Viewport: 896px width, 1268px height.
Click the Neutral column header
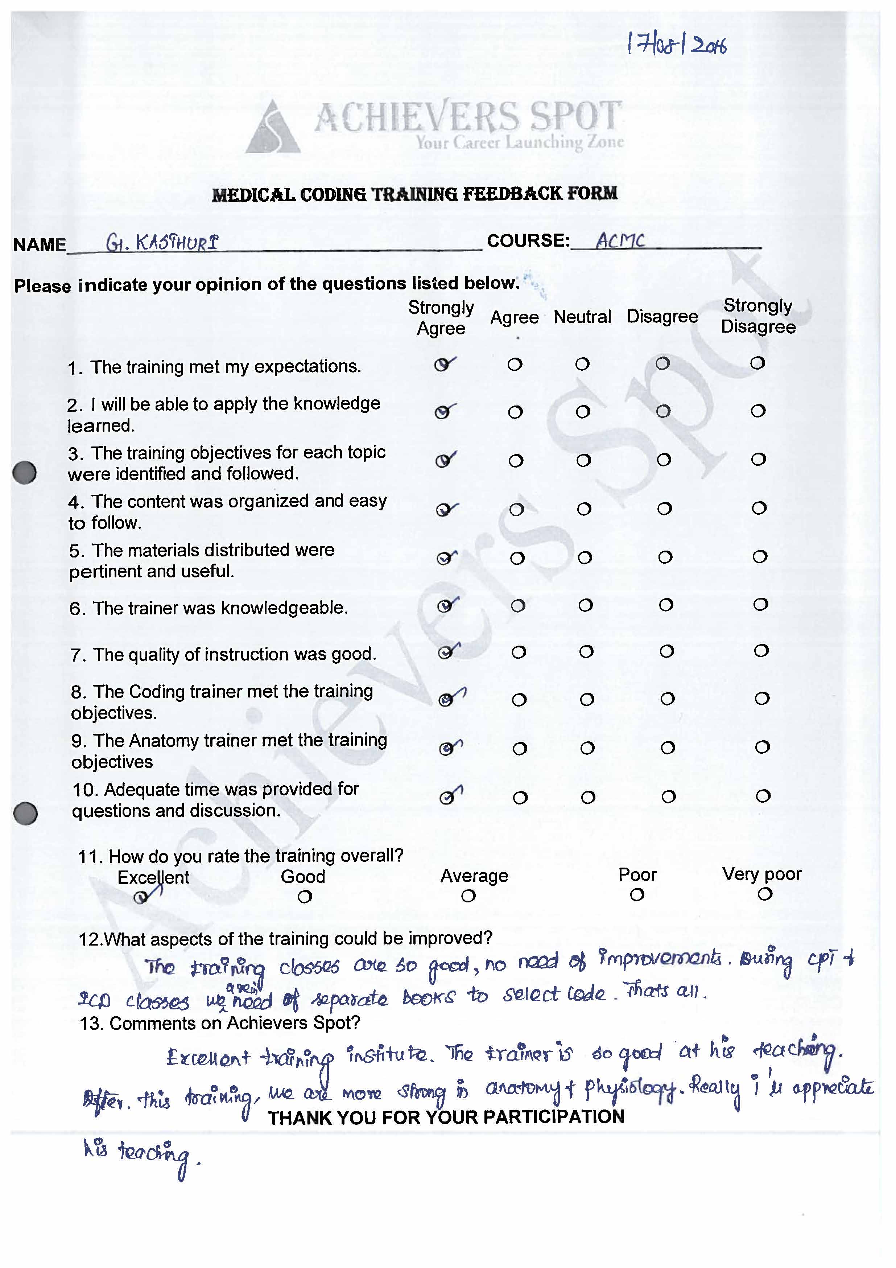coord(582,317)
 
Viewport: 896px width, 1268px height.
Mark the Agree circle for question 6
coord(517,606)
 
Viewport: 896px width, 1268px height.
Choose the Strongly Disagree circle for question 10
coord(763,796)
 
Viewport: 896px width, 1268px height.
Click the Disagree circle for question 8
coord(668,699)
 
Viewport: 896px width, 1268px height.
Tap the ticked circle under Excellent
coord(141,897)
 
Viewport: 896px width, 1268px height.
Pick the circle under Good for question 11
coord(304,897)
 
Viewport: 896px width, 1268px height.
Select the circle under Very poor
coord(765,894)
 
